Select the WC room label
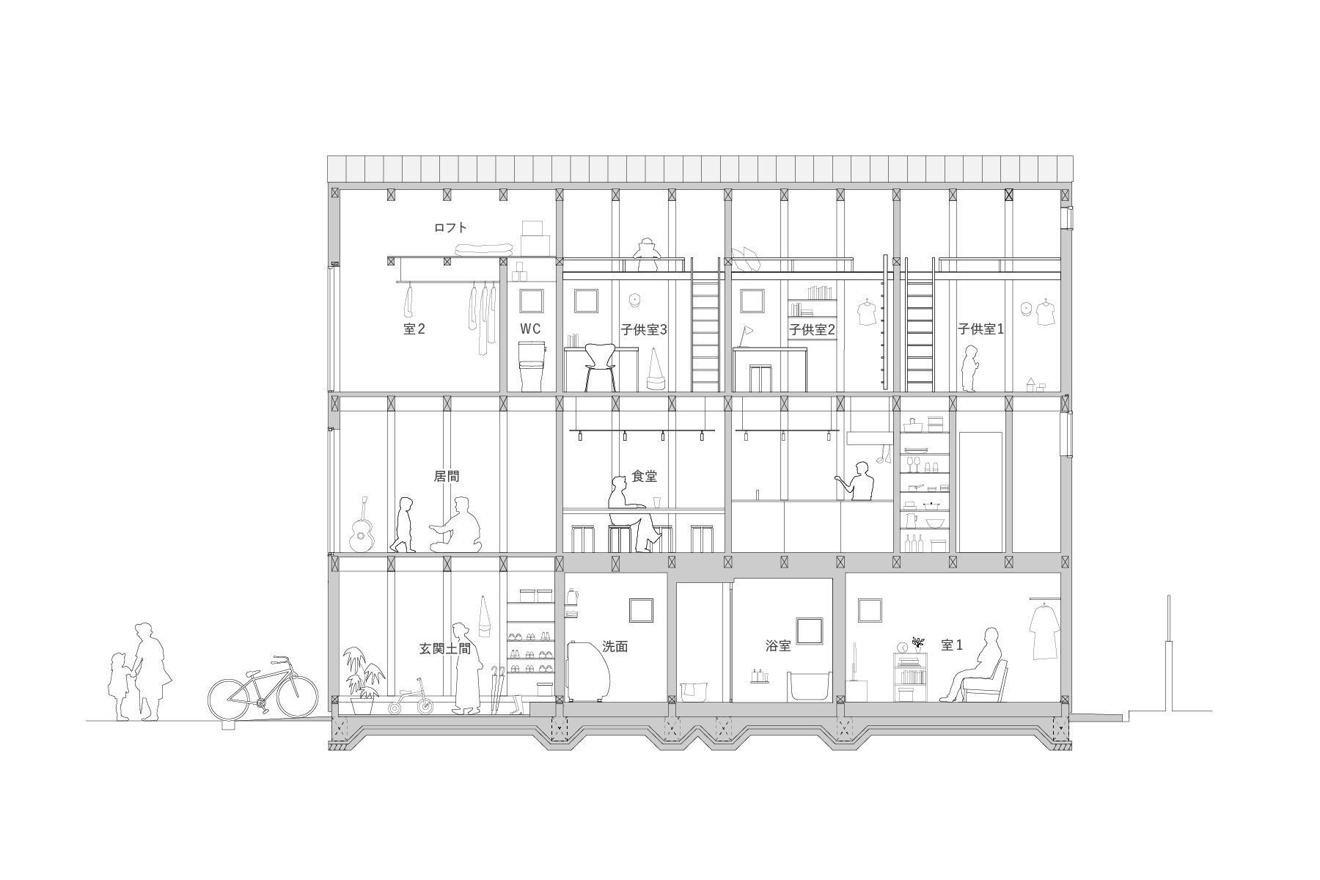coord(531,329)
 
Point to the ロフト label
coord(450,228)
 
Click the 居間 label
coord(447,476)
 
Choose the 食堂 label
coord(644,477)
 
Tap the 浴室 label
coord(778,646)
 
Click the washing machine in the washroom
coord(588,670)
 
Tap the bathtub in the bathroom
coord(810,685)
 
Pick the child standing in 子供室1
coord(970,368)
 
